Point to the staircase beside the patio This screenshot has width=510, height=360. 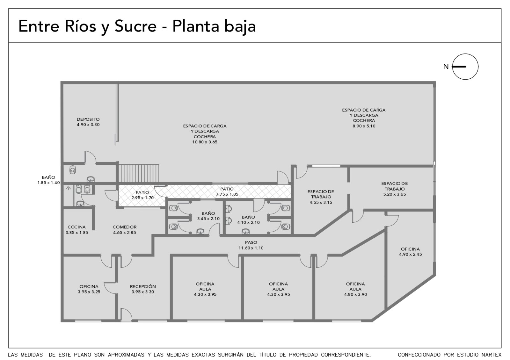pyautogui.click(x=138, y=173)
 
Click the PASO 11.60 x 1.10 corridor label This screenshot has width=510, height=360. pyautogui.click(x=251, y=245)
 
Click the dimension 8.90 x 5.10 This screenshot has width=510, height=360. pyautogui.click(x=364, y=126)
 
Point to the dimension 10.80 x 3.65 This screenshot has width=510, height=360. pyautogui.click(x=205, y=142)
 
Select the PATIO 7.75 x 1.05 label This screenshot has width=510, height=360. pyautogui.click(x=227, y=191)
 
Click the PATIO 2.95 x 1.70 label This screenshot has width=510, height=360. pyautogui.click(x=142, y=195)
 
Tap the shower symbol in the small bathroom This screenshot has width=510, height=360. pyautogui.click(x=68, y=188)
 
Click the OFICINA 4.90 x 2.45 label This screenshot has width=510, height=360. pyautogui.click(x=410, y=252)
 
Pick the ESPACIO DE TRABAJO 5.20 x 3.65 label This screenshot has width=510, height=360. pyautogui.click(x=395, y=189)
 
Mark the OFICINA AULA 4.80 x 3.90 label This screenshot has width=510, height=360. pyautogui.click(x=355, y=289)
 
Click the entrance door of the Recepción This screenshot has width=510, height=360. pyautogui.click(x=126, y=315)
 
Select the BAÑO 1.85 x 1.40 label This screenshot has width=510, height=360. pyautogui.click(x=48, y=180)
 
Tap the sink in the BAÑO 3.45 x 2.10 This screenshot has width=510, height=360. pyautogui.click(x=200, y=231)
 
